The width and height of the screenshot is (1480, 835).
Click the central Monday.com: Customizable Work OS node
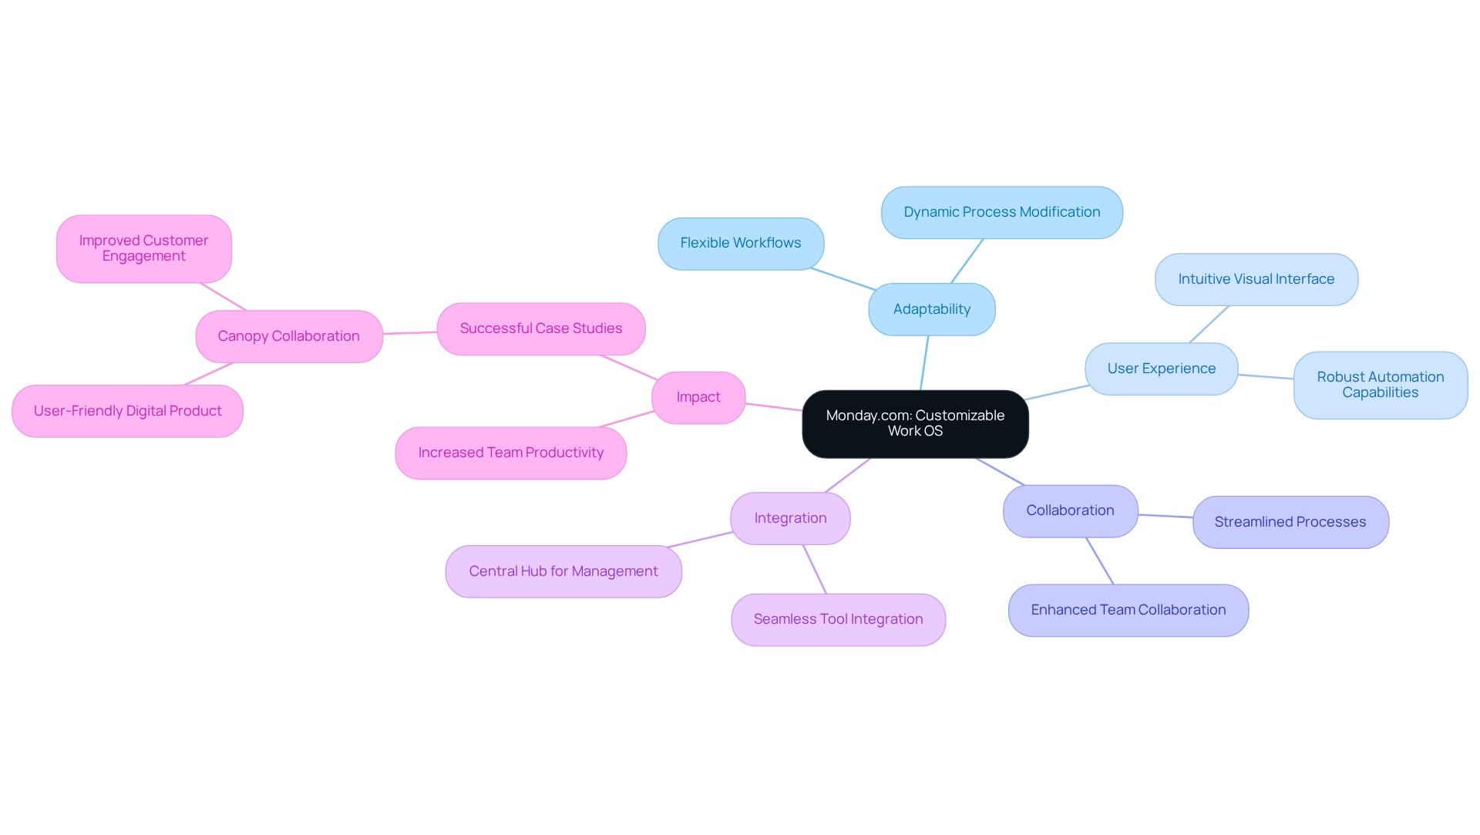[x=915, y=423]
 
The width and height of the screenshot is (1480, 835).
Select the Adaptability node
[x=931, y=309]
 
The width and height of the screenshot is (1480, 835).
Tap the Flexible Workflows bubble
[x=740, y=243]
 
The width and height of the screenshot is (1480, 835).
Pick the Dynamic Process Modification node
[x=1001, y=212]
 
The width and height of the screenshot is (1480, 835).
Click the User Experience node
[x=1161, y=369]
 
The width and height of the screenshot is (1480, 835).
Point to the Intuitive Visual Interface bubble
[x=1256, y=279]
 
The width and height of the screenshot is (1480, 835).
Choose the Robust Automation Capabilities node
[x=1380, y=385]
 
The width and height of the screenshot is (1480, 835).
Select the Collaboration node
[x=1070, y=510]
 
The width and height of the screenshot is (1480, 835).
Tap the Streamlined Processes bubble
[x=1290, y=522]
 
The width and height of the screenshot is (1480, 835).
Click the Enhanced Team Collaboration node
[x=1128, y=610]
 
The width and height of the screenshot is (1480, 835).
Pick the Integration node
[x=790, y=518]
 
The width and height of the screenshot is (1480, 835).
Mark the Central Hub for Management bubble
[x=563, y=571]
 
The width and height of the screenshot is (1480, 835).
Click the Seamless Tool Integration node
[x=838, y=619]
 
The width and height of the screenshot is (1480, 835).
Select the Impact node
[x=698, y=397]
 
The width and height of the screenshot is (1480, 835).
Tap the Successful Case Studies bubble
[x=540, y=328]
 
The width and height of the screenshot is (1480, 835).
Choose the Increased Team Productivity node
[x=510, y=453]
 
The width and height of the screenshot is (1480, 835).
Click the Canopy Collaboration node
[x=288, y=336]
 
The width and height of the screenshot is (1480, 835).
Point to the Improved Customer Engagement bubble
[x=143, y=248]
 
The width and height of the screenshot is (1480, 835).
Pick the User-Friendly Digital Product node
[x=127, y=411]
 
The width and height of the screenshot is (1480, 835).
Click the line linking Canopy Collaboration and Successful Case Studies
[x=410, y=333]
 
